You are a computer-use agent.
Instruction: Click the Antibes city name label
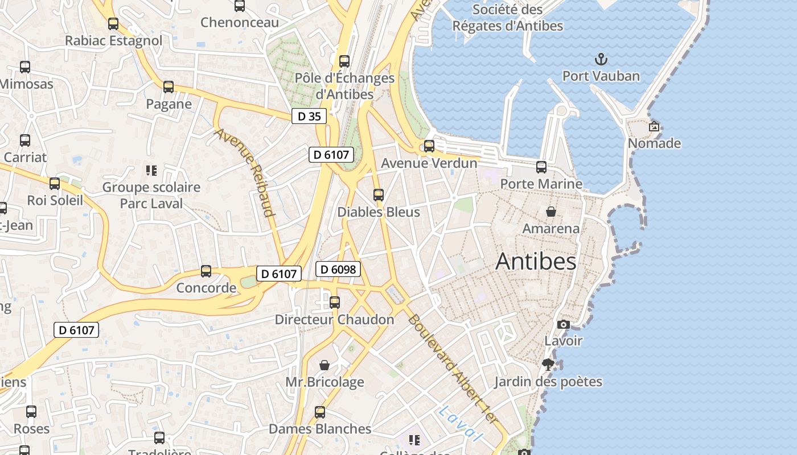536,262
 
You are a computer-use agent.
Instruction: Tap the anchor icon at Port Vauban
601,59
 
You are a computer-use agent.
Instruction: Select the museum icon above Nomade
654,126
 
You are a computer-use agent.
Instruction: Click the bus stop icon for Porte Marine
541,167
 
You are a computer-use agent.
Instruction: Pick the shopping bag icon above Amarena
551,212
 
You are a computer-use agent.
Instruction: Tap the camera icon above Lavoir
564,324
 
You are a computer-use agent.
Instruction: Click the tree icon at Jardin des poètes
548,365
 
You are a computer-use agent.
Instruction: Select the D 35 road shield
309,117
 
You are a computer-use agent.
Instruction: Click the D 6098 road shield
338,269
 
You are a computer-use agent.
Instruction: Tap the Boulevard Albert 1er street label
453,370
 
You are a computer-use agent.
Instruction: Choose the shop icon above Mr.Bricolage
324,365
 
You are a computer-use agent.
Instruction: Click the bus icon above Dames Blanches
320,412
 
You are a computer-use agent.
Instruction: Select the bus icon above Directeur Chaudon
335,303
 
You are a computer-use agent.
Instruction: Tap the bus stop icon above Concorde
206,271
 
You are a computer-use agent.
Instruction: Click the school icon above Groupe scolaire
151,170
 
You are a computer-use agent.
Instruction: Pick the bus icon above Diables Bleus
379,195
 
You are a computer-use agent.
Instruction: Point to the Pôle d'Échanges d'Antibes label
344,86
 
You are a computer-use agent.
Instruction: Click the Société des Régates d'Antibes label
508,18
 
